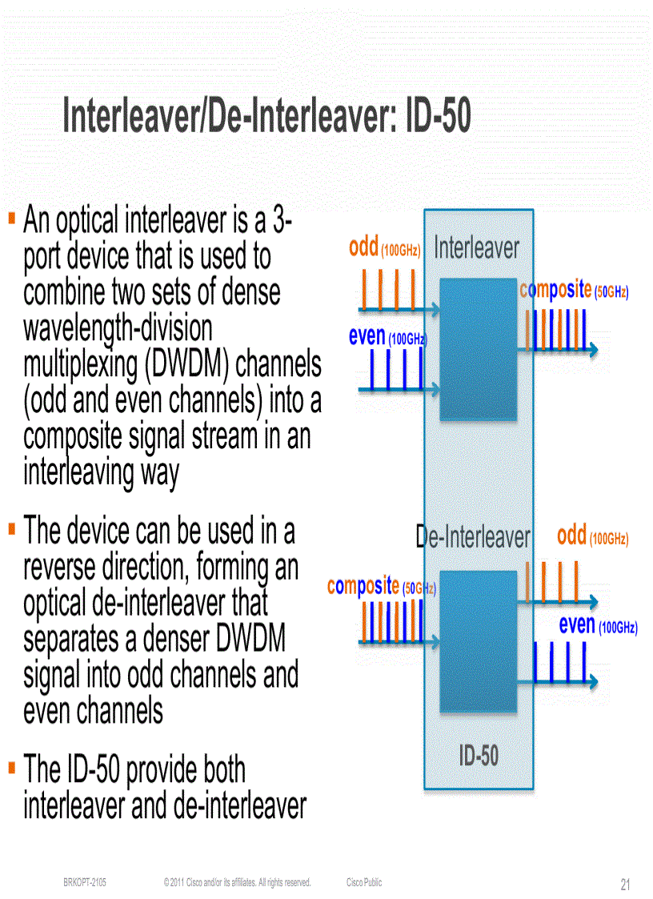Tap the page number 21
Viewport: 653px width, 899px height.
625,885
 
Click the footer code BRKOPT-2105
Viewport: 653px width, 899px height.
85,882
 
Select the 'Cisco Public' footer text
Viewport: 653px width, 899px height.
364,882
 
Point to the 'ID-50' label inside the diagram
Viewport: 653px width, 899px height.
479,755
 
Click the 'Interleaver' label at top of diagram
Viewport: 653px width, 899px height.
476,248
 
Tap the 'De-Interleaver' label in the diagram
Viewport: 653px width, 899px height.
474,536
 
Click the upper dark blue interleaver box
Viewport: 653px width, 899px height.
479,349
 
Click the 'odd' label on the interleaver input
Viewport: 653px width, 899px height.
363,247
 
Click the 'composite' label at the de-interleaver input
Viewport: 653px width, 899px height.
363,586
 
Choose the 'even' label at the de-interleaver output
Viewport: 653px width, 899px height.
577,624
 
